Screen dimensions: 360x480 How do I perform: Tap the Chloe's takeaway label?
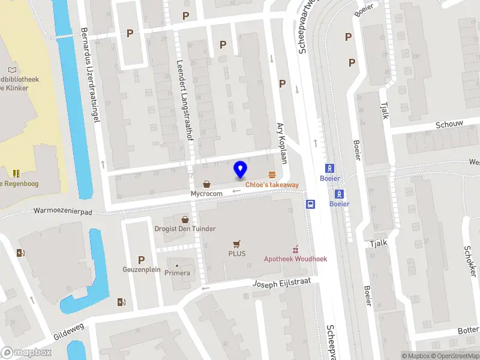pos(272,185)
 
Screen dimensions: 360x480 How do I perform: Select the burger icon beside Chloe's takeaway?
pos(272,175)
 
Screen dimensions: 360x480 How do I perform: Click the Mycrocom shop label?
pos(206,194)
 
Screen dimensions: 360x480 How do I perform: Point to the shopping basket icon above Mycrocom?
pos(207,184)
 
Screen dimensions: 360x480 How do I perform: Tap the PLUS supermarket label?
pos(236,253)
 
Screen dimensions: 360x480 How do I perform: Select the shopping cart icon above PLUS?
pos(236,244)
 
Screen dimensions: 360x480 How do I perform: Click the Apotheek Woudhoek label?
pos(296,259)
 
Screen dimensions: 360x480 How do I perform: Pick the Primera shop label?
pos(177,273)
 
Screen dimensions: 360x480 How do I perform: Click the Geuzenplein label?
pos(142,269)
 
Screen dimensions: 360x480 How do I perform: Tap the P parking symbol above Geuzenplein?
pos(142,260)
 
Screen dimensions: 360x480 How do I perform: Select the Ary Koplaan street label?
pos(281,142)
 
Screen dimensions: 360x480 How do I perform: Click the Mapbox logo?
pos(26,352)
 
